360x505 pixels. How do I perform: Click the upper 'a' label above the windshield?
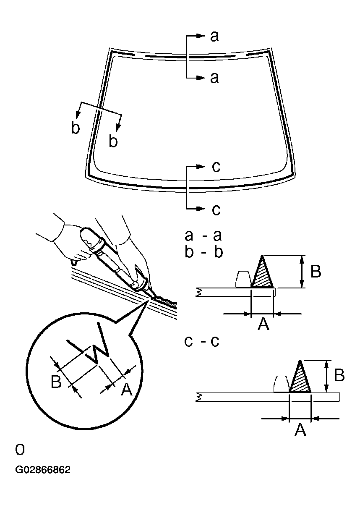pyautogui.click(x=214, y=37)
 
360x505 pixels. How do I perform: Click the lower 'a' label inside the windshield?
pyautogui.click(x=214, y=78)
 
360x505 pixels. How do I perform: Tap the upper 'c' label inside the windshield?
pyautogui.click(x=216, y=167)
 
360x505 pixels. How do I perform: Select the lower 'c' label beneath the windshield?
pyautogui.click(x=216, y=209)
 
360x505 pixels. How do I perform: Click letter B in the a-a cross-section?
pyautogui.click(x=316, y=272)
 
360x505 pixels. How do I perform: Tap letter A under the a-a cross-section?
pyautogui.click(x=263, y=324)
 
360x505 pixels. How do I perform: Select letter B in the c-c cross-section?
pyautogui.click(x=339, y=375)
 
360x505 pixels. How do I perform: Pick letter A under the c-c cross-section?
pyautogui.click(x=300, y=429)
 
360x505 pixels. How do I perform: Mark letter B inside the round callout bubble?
pyautogui.click(x=56, y=382)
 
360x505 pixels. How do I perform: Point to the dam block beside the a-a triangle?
pyautogui.click(x=243, y=280)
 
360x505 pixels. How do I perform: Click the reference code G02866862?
pyautogui.click(x=43, y=470)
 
